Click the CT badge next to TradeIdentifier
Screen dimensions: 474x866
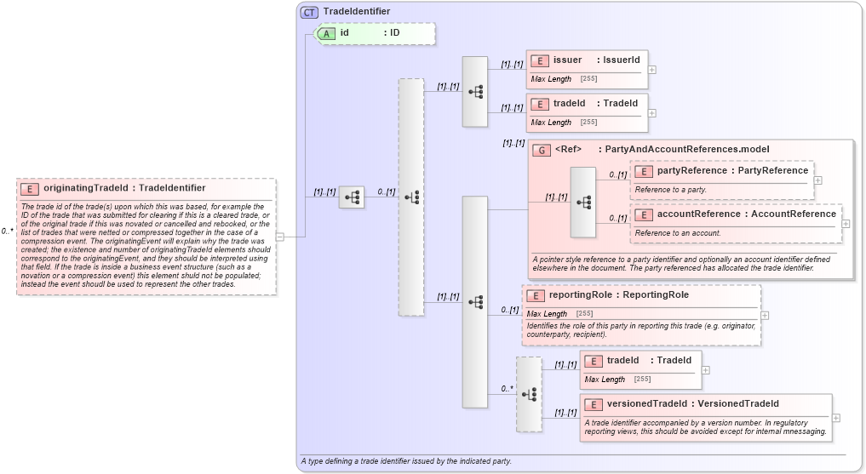tap(309, 12)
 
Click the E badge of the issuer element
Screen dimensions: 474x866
tap(539, 60)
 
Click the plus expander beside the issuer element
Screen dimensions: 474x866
tap(652, 70)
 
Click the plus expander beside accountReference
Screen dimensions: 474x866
tap(846, 224)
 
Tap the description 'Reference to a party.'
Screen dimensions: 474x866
tap(670, 189)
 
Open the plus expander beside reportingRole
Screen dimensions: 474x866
tap(765, 315)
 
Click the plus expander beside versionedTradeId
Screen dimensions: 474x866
tap(836, 418)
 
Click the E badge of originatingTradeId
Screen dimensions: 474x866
tap(30, 188)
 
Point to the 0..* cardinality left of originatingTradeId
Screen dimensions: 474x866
tap(7, 231)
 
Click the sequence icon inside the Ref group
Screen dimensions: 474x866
tap(583, 203)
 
